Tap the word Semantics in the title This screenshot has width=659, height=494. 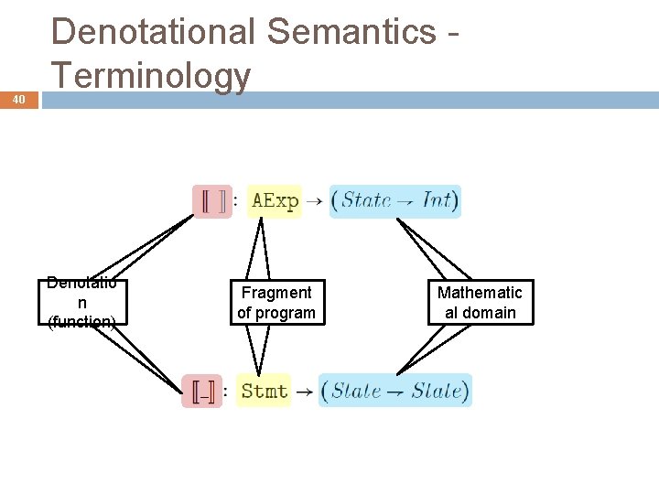click(x=351, y=32)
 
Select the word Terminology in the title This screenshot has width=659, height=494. click(x=151, y=75)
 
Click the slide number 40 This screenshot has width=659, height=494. click(x=19, y=99)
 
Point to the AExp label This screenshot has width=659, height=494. click(x=275, y=201)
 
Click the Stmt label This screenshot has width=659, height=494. click(x=264, y=391)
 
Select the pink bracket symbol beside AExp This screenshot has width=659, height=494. click(x=212, y=201)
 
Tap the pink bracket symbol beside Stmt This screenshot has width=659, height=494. click(x=202, y=392)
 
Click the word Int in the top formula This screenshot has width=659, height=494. click(x=438, y=200)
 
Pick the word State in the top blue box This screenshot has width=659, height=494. click(x=367, y=200)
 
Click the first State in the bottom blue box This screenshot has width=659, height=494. click(x=356, y=391)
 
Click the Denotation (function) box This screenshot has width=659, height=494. click(x=82, y=302)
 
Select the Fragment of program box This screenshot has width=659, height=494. click(x=275, y=302)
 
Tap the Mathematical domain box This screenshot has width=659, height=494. click(x=480, y=302)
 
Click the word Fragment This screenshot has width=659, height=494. click(x=275, y=293)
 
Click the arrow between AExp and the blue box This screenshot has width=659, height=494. click(x=313, y=201)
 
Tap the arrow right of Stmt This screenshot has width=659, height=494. click(x=305, y=392)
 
